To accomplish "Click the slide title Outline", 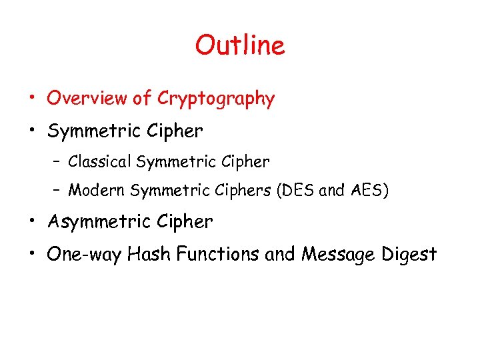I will click(x=240, y=45).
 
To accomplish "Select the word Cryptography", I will click(x=216, y=99).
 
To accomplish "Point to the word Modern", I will click(x=97, y=191).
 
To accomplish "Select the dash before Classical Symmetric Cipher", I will click(x=58, y=162).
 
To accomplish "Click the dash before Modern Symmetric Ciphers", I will click(x=58, y=191).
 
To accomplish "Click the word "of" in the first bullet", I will click(x=142, y=99).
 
